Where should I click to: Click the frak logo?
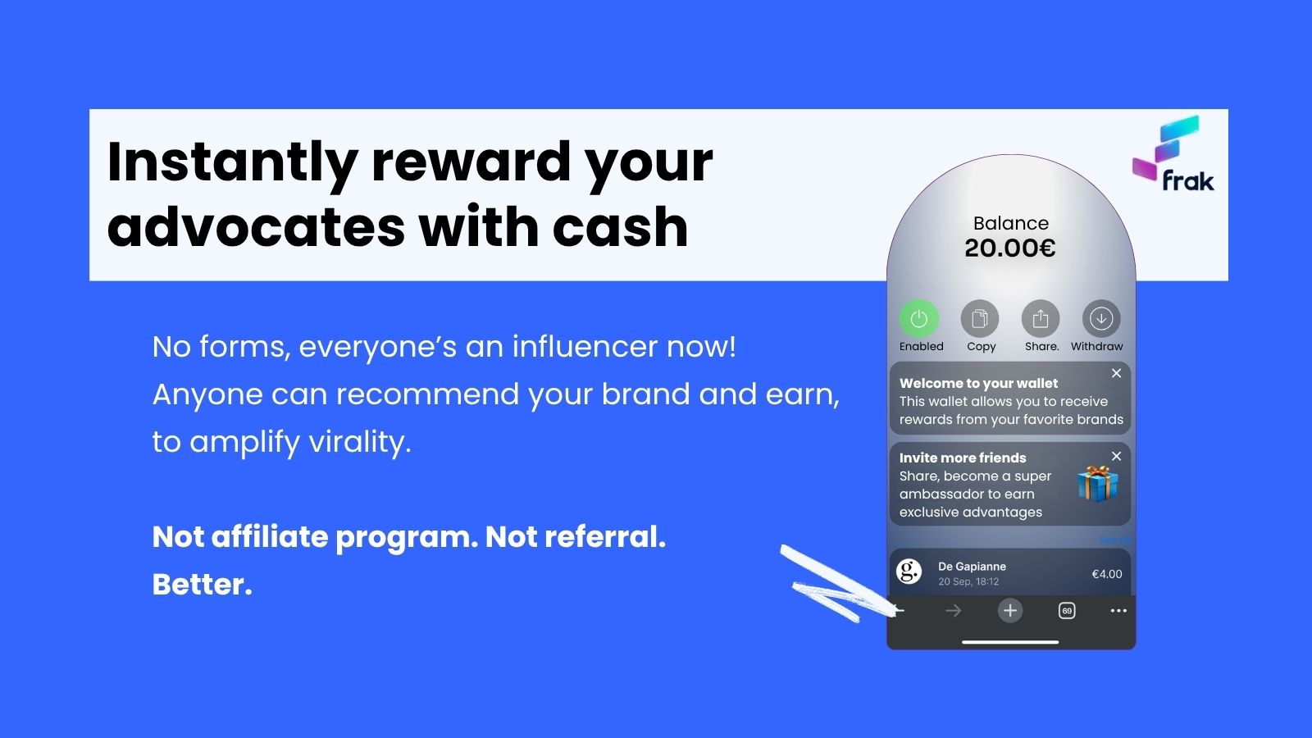(x=1173, y=154)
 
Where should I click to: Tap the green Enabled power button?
(x=919, y=319)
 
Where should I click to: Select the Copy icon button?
(x=980, y=319)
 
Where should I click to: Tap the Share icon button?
(x=1041, y=319)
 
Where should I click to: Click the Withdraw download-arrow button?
(x=1102, y=319)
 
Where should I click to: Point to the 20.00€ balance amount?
(x=1010, y=248)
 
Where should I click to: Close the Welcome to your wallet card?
(x=1116, y=373)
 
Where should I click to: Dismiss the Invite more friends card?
(x=1116, y=456)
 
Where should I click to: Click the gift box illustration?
(x=1098, y=484)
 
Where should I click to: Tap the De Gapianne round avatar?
(x=909, y=572)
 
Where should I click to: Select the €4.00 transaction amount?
(x=1107, y=574)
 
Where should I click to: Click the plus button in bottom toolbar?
(x=1010, y=611)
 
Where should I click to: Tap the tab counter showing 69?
(x=1067, y=611)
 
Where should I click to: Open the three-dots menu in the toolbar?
(x=1118, y=611)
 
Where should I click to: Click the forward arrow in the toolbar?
(x=954, y=611)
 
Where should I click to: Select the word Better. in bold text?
(x=202, y=584)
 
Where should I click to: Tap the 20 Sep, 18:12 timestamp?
(x=968, y=581)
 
